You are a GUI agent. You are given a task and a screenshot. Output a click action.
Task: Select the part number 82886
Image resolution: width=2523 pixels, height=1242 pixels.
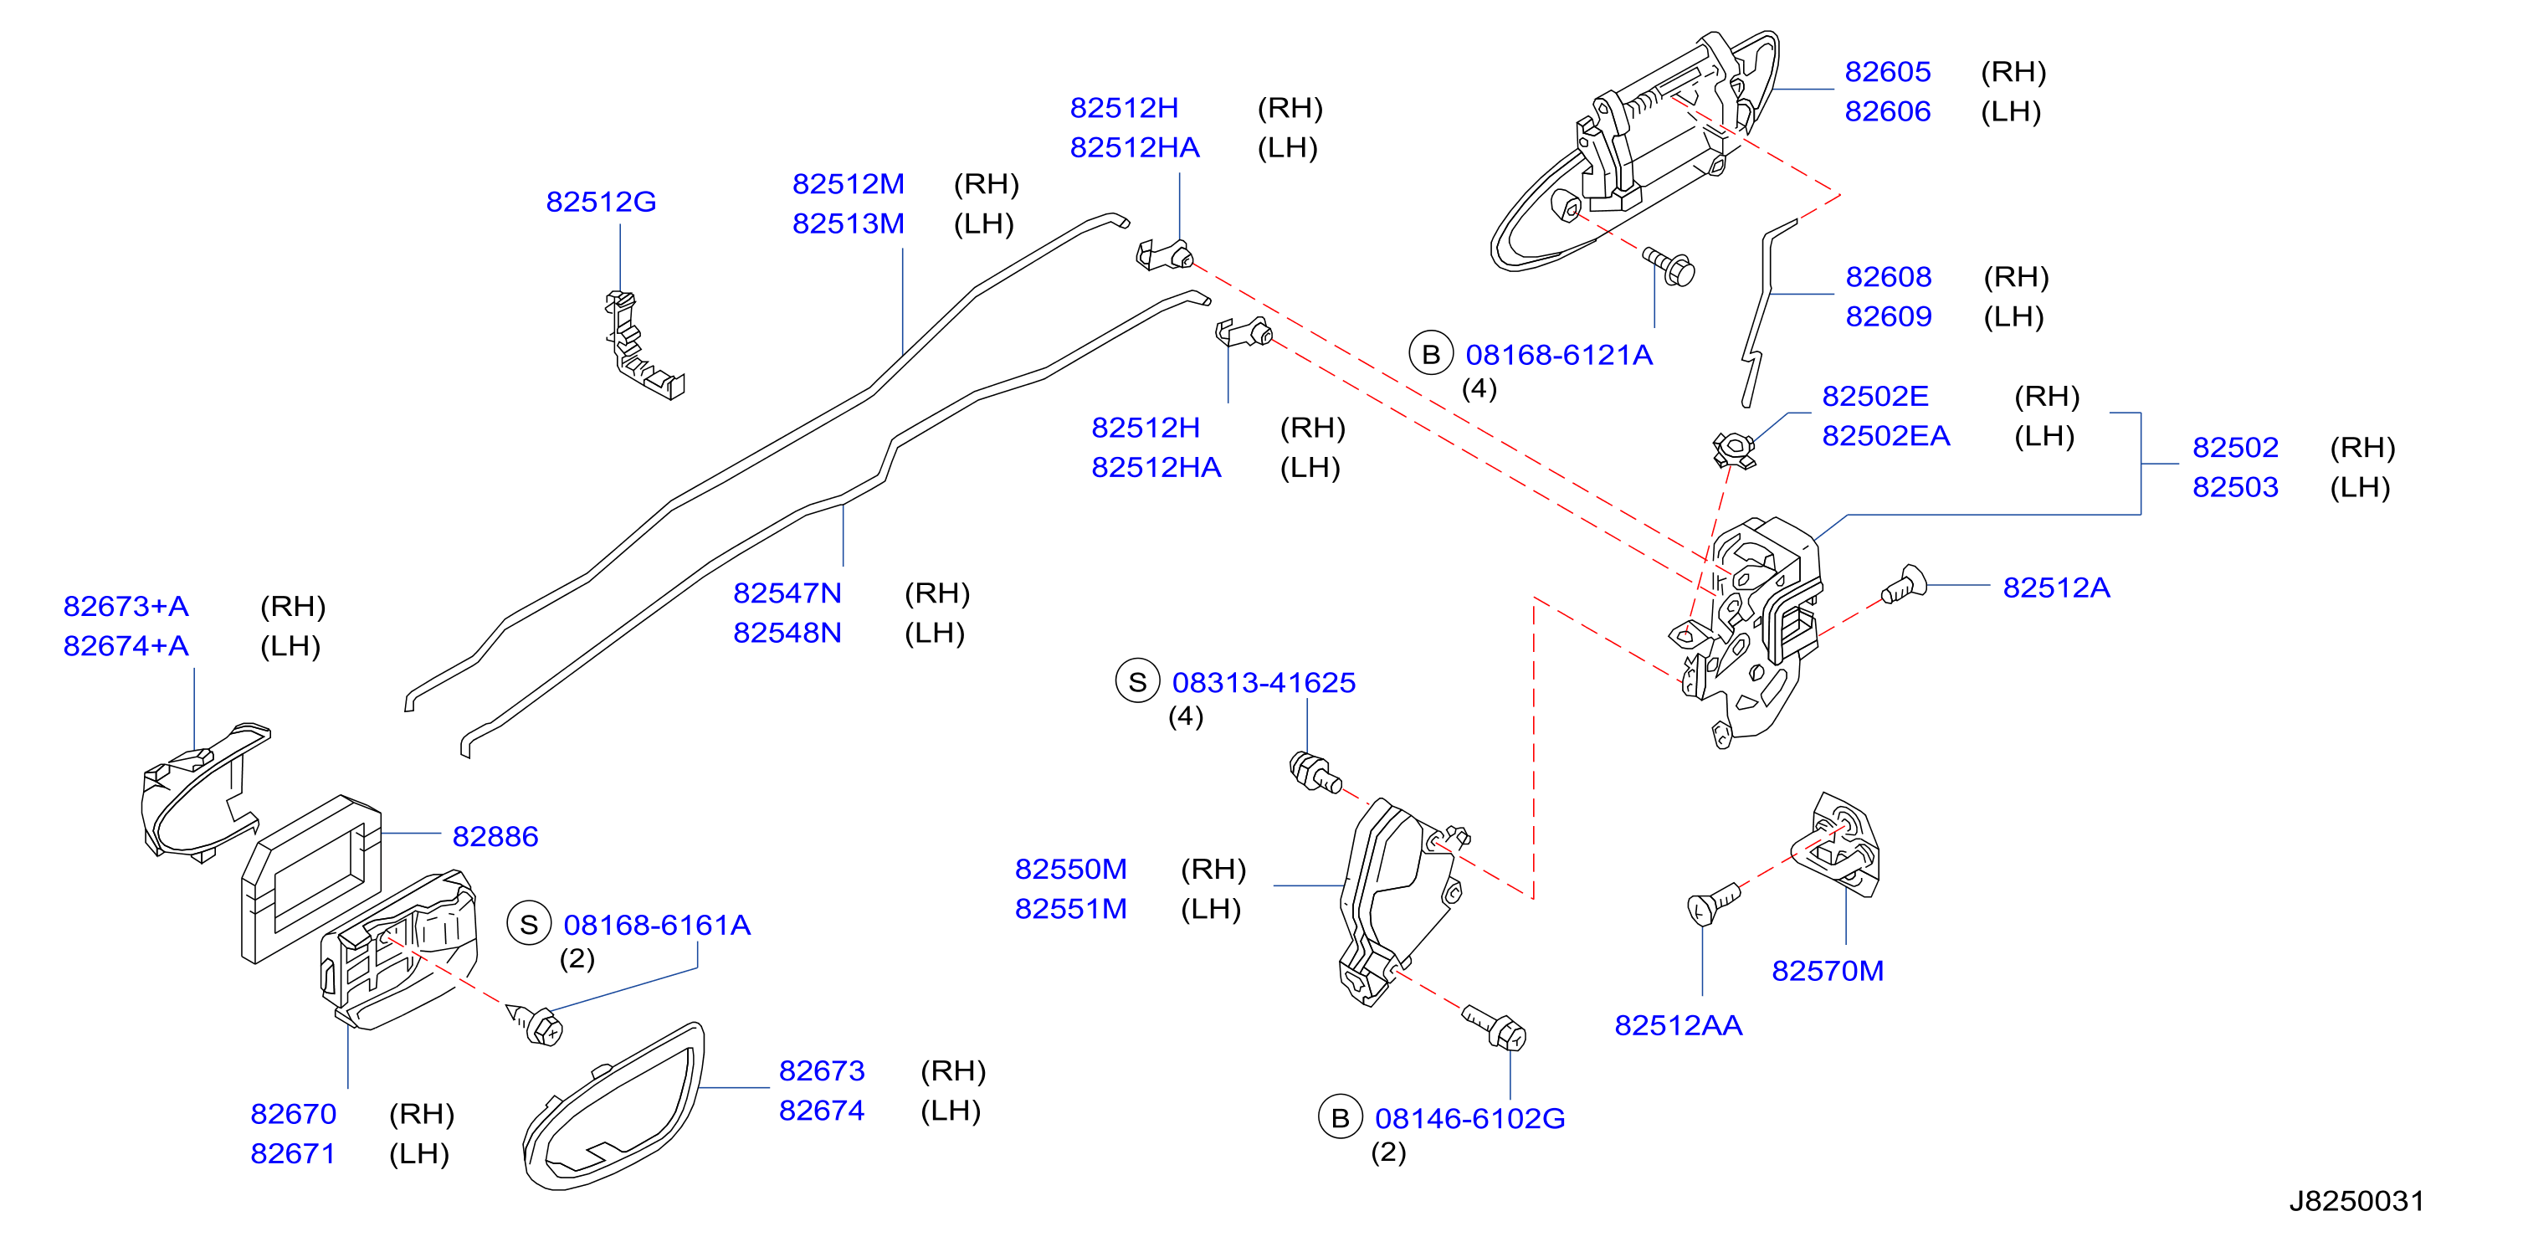495,836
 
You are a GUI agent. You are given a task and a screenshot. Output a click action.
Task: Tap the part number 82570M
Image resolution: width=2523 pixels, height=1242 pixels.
1828,971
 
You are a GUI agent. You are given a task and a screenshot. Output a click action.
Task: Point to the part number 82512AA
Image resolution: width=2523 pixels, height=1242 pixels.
1678,1025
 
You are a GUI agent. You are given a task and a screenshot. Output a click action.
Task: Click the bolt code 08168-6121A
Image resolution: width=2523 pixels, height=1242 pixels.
1558,355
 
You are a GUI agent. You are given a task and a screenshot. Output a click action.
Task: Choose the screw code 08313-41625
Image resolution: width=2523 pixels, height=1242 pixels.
1264,683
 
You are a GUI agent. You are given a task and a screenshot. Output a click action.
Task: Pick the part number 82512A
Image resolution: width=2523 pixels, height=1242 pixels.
2056,588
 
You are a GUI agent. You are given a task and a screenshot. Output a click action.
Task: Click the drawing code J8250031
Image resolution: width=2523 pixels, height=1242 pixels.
2356,1201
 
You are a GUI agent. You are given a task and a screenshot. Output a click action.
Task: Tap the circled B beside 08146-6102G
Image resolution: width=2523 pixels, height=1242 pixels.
1340,1117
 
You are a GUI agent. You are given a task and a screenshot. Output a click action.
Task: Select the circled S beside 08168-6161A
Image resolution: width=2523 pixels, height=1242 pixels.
529,925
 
